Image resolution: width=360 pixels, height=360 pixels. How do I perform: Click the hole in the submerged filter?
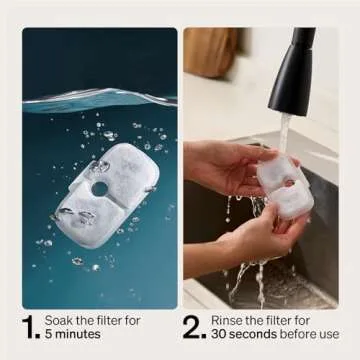click(x=99, y=188)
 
